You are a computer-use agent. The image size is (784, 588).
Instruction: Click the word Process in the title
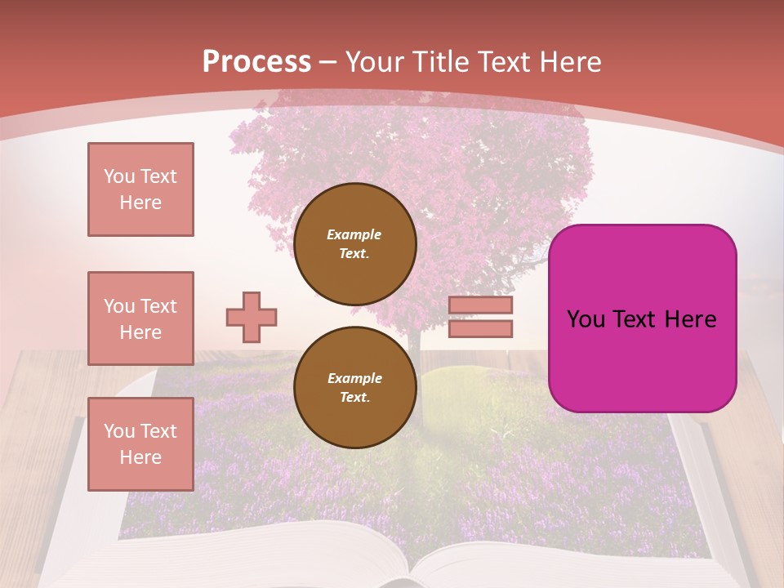[x=256, y=62]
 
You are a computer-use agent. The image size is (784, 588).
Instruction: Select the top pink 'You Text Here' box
[x=140, y=189]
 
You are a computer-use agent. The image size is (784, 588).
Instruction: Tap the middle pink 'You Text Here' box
[x=140, y=318]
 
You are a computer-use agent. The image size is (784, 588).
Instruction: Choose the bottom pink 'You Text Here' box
[x=140, y=443]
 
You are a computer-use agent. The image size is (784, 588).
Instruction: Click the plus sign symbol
[x=252, y=317]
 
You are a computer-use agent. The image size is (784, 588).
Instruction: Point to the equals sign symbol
[x=480, y=317]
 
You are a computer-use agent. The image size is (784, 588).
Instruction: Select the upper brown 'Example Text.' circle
[x=354, y=243]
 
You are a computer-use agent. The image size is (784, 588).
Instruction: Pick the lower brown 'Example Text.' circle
[x=354, y=387]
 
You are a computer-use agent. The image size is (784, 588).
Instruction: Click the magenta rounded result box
[x=642, y=318]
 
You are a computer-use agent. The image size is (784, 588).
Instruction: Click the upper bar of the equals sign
[x=480, y=305]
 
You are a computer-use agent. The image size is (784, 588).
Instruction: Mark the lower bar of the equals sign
[x=480, y=328]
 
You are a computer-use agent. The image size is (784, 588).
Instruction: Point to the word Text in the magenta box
[x=642, y=319]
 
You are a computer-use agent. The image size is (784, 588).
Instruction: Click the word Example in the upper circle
[x=354, y=234]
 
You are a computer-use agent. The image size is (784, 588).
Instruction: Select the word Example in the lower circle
[x=354, y=378]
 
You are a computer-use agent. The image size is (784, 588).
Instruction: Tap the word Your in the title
[x=376, y=62]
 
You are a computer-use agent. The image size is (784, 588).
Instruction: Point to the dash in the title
[x=328, y=62]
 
